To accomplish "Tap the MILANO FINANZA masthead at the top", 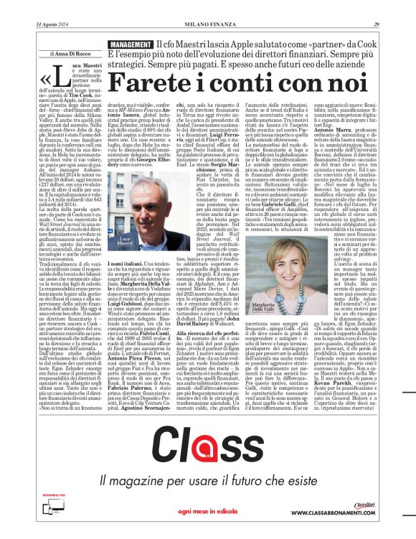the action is (208, 6).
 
